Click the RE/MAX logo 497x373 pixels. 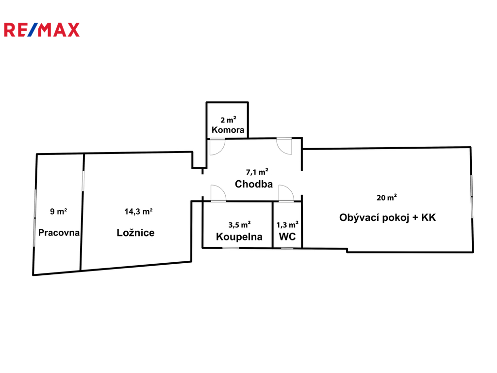coord(41,30)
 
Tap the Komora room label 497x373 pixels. coord(228,130)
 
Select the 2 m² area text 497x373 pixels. coord(228,119)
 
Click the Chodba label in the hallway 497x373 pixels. coord(253,184)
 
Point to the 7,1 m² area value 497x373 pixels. coord(257,171)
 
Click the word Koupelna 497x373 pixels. coord(239,237)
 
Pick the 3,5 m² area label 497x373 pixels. coord(239,224)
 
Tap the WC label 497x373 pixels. coord(287,237)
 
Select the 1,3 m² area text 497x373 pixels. coord(287,224)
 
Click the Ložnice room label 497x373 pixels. coord(136,233)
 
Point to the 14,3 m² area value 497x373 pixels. coord(139,211)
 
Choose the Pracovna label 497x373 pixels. coord(59,233)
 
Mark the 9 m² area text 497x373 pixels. coord(59,211)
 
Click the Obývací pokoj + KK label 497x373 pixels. coord(387,218)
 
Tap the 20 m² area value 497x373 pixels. coord(387,197)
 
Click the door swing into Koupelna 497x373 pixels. coord(218,193)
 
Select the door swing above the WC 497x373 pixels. coord(285,193)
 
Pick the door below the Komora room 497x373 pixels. coord(217,146)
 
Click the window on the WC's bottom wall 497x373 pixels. coord(287,248)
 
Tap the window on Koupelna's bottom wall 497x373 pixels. coord(231,248)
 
